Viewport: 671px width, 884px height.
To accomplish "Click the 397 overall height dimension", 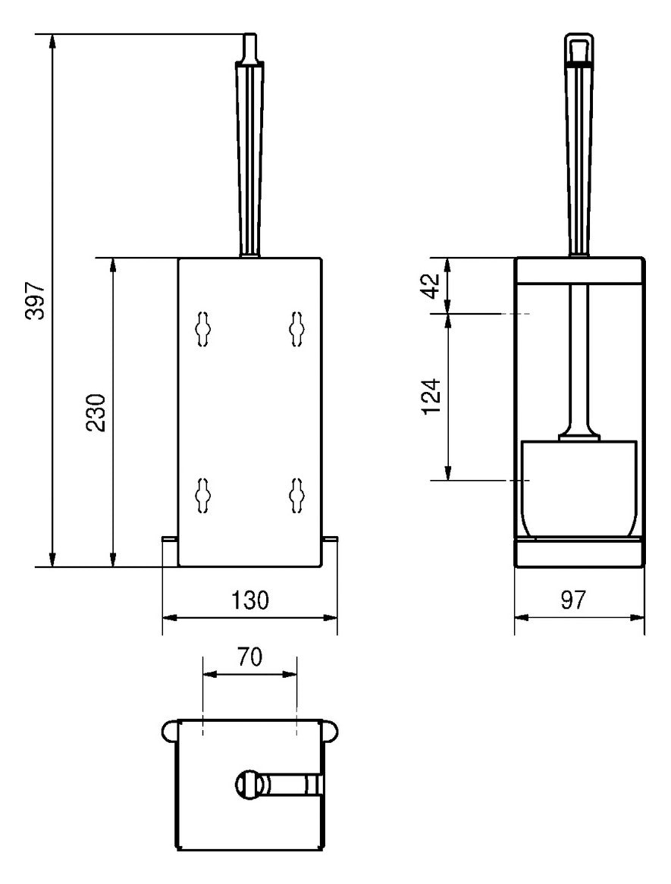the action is tap(36, 300).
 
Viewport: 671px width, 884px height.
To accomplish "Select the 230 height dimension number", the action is tap(96, 412).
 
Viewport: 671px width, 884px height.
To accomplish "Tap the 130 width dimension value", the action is tap(250, 600).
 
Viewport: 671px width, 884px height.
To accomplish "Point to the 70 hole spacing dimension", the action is tap(249, 657).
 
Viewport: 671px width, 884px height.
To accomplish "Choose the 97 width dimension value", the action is tap(573, 600).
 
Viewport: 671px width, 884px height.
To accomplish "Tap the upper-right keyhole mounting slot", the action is tap(296, 328).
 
